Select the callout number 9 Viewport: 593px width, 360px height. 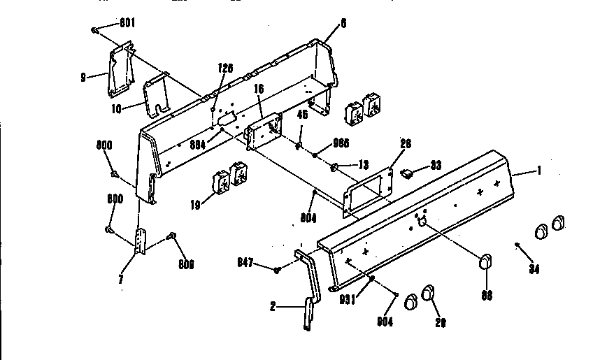(x=83, y=77)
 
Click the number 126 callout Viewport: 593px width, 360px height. (x=224, y=69)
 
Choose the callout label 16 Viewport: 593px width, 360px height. (x=258, y=90)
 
